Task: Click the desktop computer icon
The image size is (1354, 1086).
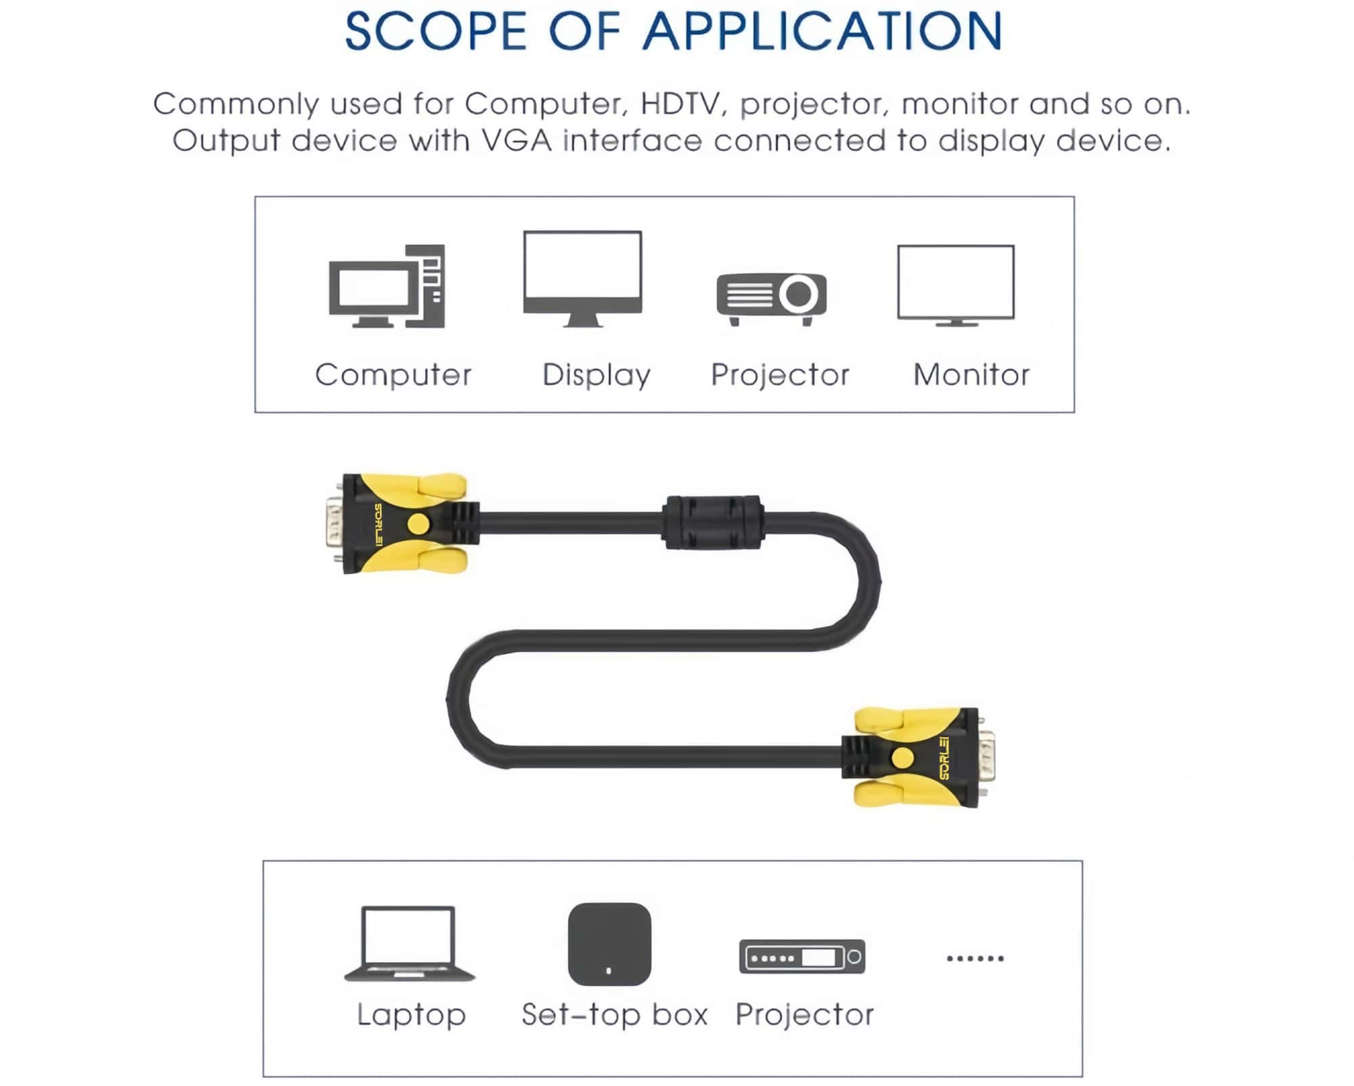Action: pyautogui.click(x=387, y=286)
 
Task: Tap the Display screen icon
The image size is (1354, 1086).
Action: pyautogui.click(x=582, y=278)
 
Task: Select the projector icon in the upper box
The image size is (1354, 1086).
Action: pyautogui.click(x=771, y=298)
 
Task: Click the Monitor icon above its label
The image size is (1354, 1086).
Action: pyautogui.click(x=955, y=285)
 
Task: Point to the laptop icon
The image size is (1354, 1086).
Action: pyautogui.click(x=409, y=943)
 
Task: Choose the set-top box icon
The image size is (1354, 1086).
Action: pyautogui.click(x=609, y=944)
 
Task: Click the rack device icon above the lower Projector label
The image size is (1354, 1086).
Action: pyautogui.click(x=802, y=957)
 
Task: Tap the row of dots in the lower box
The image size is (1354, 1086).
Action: pyautogui.click(x=975, y=958)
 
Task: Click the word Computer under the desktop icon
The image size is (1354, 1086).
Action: pyautogui.click(x=393, y=374)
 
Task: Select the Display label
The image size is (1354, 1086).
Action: pyautogui.click(x=596, y=375)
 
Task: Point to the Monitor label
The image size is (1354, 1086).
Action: pyautogui.click(x=971, y=374)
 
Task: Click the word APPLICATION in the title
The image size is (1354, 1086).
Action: pyautogui.click(x=822, y=31)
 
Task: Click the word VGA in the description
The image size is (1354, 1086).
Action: pyautogui.click(x=516, y=141)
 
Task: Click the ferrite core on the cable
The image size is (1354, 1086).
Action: pyautogui.click(x=713, y=523)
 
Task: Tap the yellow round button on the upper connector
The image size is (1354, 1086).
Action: pyautogui.click(x=418, y=523)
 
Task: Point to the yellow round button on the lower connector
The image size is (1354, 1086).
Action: pyautogui.click(x=902, y=758)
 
